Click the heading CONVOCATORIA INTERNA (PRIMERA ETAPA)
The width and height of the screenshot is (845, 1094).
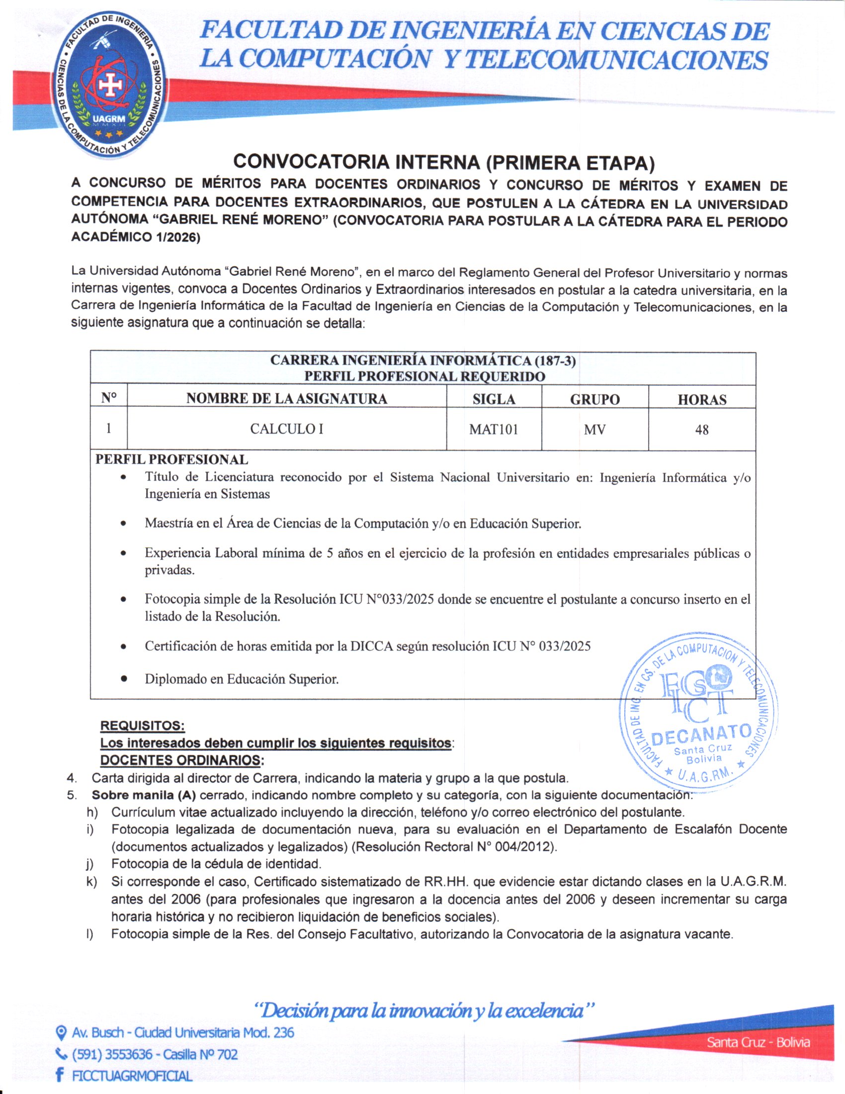click(443, 162)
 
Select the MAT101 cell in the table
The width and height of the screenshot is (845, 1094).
click(493, 429)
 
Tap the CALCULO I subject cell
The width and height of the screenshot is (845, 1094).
click(286, 429)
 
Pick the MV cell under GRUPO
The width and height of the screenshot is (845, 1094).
click(594, 430)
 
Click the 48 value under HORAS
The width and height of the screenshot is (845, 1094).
click(701, 430)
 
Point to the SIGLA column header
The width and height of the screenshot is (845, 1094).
click(494, 399)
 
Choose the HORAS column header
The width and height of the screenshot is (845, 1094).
click(702, 399)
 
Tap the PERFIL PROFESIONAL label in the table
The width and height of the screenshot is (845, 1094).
click(171, 459)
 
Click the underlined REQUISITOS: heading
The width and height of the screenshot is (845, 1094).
click(143, 726)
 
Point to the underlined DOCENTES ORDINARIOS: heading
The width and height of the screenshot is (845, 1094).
click(182, 760)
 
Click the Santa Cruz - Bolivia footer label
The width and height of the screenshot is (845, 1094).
click(758, 1042)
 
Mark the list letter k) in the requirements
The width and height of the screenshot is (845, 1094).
click(91, 882)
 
